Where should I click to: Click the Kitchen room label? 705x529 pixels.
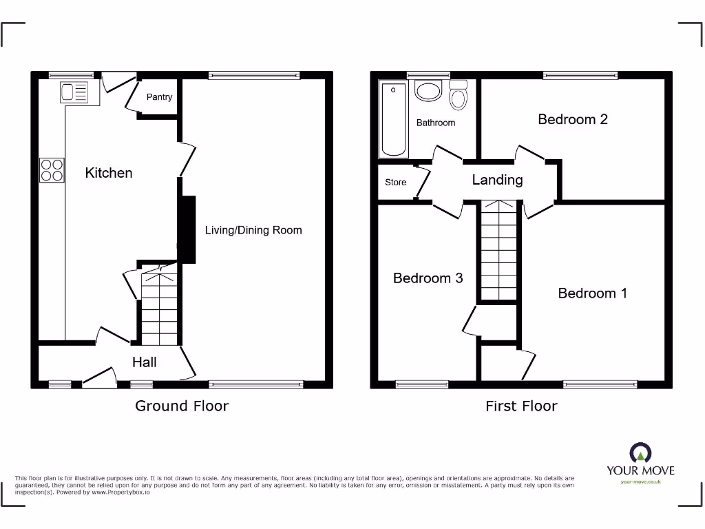point(109,173)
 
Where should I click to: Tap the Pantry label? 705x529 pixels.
point(159,97)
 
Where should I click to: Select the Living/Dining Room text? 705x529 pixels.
point(253,230)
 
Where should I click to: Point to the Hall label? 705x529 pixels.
point(145,362)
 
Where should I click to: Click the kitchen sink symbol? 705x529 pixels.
point(74,92)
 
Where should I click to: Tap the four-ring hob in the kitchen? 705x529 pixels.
point(52,170)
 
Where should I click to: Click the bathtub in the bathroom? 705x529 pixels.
point(394,119)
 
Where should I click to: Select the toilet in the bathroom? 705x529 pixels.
point(458,95)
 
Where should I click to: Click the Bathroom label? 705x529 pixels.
point(436,123)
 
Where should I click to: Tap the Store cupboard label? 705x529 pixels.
point(395,183)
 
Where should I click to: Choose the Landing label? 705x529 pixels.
point(497,180)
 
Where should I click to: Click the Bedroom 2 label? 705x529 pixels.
point(572,119)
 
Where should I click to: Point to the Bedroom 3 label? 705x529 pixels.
point(428,278)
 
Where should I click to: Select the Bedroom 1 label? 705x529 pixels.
point(592,293)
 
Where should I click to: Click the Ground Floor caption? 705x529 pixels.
point(182,406)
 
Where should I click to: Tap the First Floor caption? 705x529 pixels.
point(521,406)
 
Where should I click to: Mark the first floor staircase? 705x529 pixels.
point(498,251)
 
